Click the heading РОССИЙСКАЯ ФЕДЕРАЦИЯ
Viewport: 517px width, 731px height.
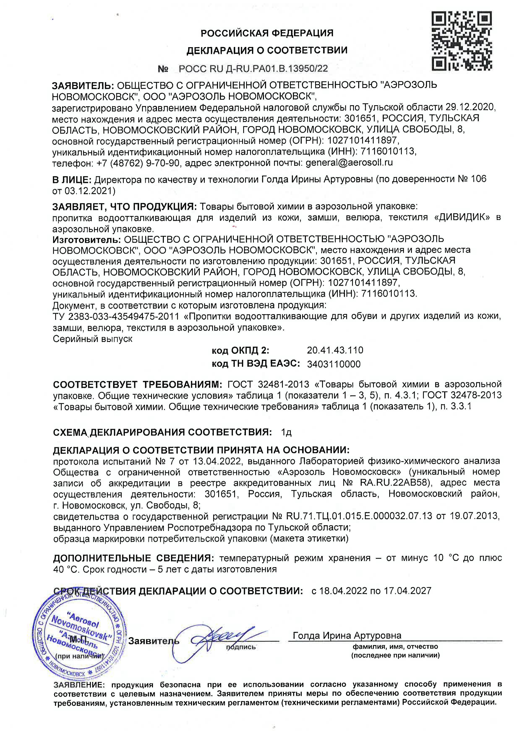[267, 33]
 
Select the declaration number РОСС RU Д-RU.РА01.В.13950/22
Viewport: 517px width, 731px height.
[253, 69]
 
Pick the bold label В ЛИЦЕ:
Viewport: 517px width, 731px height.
[72, 180]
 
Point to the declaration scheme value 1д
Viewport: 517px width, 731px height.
[286, 432]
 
